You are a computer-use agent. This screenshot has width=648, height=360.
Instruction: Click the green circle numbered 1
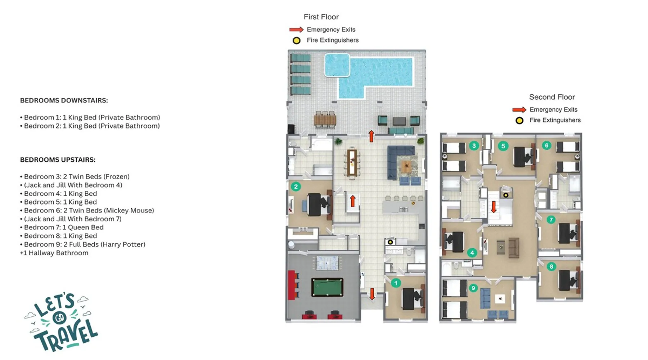tap(396, 283)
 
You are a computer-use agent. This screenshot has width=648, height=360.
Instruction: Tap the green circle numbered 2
tap(296, 186)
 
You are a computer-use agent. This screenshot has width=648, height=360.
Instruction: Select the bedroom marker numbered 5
tap(503, 146)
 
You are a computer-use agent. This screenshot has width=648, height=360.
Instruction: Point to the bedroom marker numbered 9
tap(473, 288)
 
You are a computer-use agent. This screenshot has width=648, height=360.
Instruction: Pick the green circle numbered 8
tap(551, 267)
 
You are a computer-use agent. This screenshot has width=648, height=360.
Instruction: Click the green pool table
tap(327, 287)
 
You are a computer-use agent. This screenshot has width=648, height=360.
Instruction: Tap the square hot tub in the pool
tap(337, 65)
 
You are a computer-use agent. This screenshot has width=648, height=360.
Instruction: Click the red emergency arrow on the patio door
tap(372, 136)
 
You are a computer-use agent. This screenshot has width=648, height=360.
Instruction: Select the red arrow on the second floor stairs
tap(494, 207)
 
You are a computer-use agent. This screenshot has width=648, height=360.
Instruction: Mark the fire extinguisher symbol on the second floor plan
tap(506, 195)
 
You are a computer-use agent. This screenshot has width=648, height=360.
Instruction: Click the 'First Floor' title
tap(321, 17)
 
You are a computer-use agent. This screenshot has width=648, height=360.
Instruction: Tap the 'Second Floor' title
tap(552, 97)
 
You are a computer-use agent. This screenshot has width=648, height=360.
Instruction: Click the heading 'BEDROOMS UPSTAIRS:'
tap(58, 160)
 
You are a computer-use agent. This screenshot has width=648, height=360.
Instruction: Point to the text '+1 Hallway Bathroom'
tap(54, 253)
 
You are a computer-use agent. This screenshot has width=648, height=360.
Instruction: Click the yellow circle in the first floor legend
tap(296, 41)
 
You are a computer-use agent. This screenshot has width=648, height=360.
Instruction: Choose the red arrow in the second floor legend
tap(519, 110)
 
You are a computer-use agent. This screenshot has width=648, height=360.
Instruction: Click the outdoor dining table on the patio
tap(325, 120)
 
